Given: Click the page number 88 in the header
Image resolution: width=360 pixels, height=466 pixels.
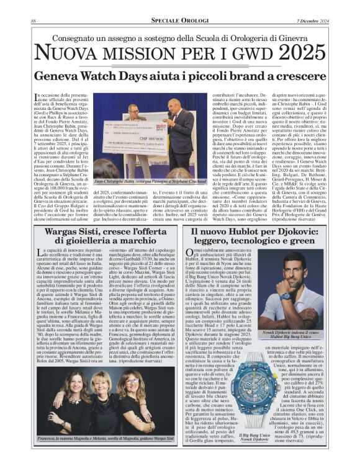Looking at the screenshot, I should [x=32, y=21].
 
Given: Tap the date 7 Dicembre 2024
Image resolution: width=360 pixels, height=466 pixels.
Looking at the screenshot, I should [x=313, y=21].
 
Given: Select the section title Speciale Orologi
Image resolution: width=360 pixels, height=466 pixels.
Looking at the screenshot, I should [x=180, y=21].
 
